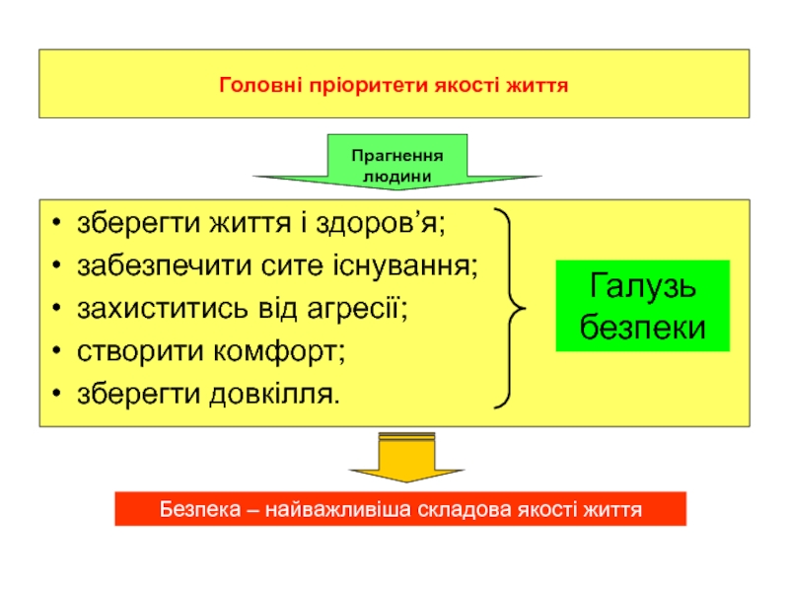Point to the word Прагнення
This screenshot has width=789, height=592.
(397, 156)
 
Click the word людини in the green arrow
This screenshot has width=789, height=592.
(397, 175)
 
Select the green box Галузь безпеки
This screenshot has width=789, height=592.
(642, 306)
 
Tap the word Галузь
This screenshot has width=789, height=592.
(642, 287)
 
